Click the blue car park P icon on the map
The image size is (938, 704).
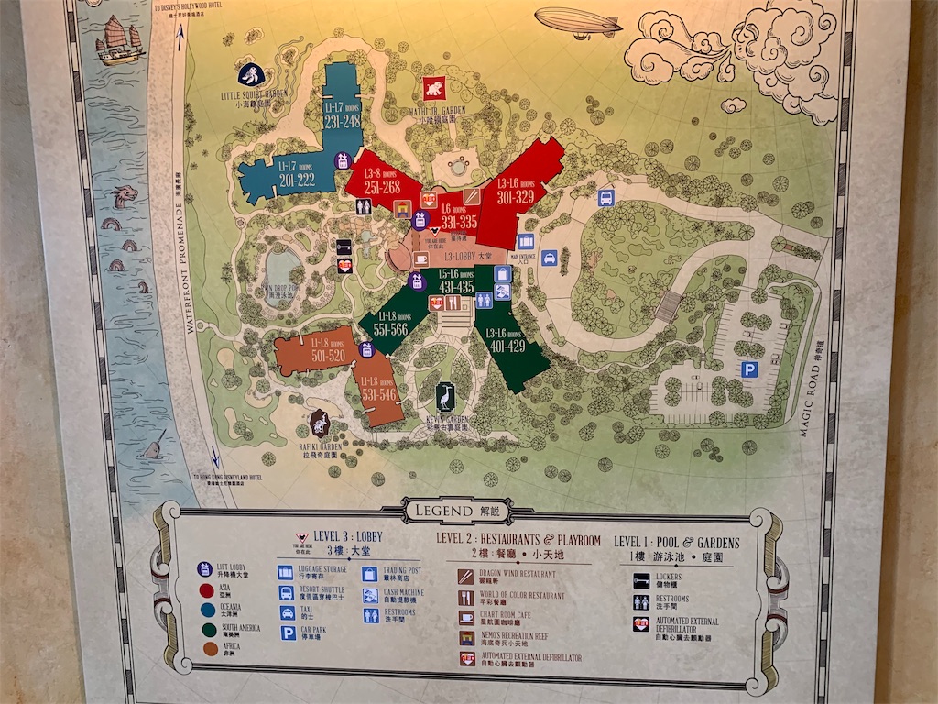pyautogui.click(x=749, y=369)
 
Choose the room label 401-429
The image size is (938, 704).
pyautogui.click(x=507, y=346)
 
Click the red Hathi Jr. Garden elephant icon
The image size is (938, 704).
pyautogui.click(x=433, y=88)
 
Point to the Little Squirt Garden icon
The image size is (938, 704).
pyautogui.click(x=249, y=75)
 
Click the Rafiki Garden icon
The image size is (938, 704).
pyautogui.click(x=319, y=422)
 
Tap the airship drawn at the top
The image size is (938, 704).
pyautogui.click(x=577, y=22)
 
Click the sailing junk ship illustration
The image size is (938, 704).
pyautogui.click(x=119, y=41)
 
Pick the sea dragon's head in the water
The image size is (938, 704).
pyautogui.click(x=125, y=195)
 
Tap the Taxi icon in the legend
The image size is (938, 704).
pyautogui.click(x=286, y=612)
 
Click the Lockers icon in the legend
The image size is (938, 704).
pyautogui.click(x=641, y=578)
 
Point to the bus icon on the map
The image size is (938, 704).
pyautogui.click(x=605, y=197)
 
